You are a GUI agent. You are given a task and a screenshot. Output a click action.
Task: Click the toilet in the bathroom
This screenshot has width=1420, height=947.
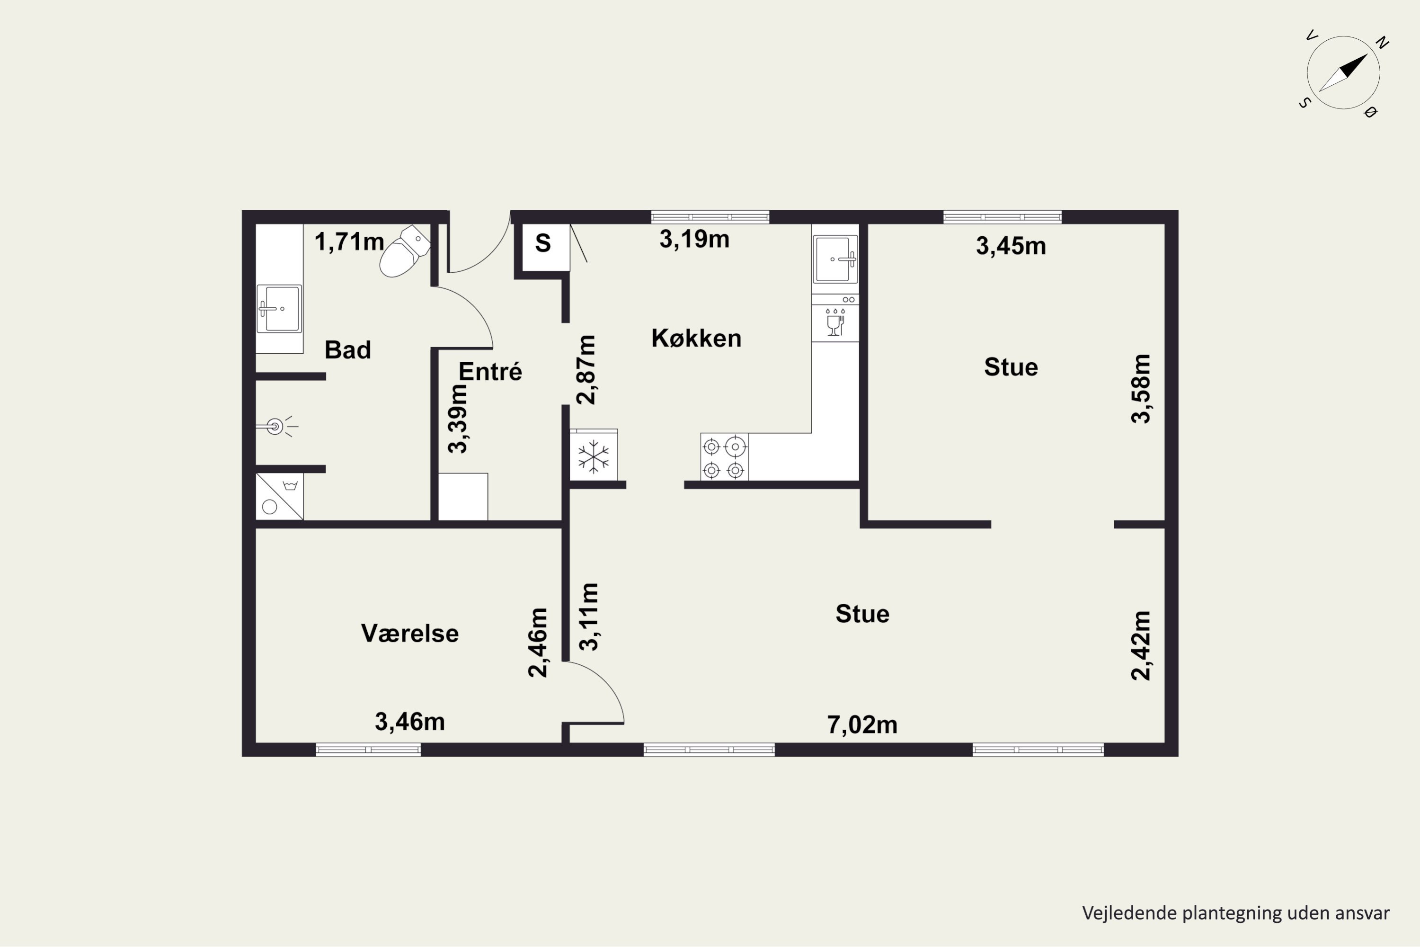pyautogui.click(x=405, y=252)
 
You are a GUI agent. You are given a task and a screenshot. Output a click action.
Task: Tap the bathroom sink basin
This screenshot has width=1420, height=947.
pyautogui.click(x=279, y=309)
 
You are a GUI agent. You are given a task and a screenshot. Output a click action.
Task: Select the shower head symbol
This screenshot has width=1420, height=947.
pyautogui.click(x=276, y=427)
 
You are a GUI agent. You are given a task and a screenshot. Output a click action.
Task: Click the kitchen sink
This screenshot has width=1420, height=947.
pyautogui.click(x=835, y=259)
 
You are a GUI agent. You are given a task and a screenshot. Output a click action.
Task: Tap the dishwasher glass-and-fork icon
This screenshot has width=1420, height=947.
pyautogui.click(x=835, y=322)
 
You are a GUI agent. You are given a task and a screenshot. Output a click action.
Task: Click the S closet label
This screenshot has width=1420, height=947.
pyautogui.click(x=543, y=243)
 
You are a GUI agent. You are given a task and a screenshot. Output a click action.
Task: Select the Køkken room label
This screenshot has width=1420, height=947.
pyautogui.click(x=696, y=338)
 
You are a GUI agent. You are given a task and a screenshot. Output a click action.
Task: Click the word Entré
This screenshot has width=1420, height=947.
pyautogui.click(x=490, y=371)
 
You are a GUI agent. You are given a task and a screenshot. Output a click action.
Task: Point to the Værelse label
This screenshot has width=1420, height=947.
pyautogui.click(x=410, y=633)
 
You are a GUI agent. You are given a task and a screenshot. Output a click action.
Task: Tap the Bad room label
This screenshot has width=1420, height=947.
pyautogui.click(x=348, y=350)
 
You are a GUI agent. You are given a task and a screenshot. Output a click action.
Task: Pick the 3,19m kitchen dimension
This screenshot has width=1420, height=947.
pyautogui.click(x=694, y=239)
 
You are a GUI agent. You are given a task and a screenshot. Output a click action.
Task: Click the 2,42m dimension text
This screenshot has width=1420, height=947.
pyautogui.click(x=1140, y=646)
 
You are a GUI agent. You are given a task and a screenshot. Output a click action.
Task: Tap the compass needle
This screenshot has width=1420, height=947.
pyautogui.click(x=1343, y=72)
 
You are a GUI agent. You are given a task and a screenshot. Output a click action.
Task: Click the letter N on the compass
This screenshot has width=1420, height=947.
pyautogui.click(x=1383, y=42)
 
